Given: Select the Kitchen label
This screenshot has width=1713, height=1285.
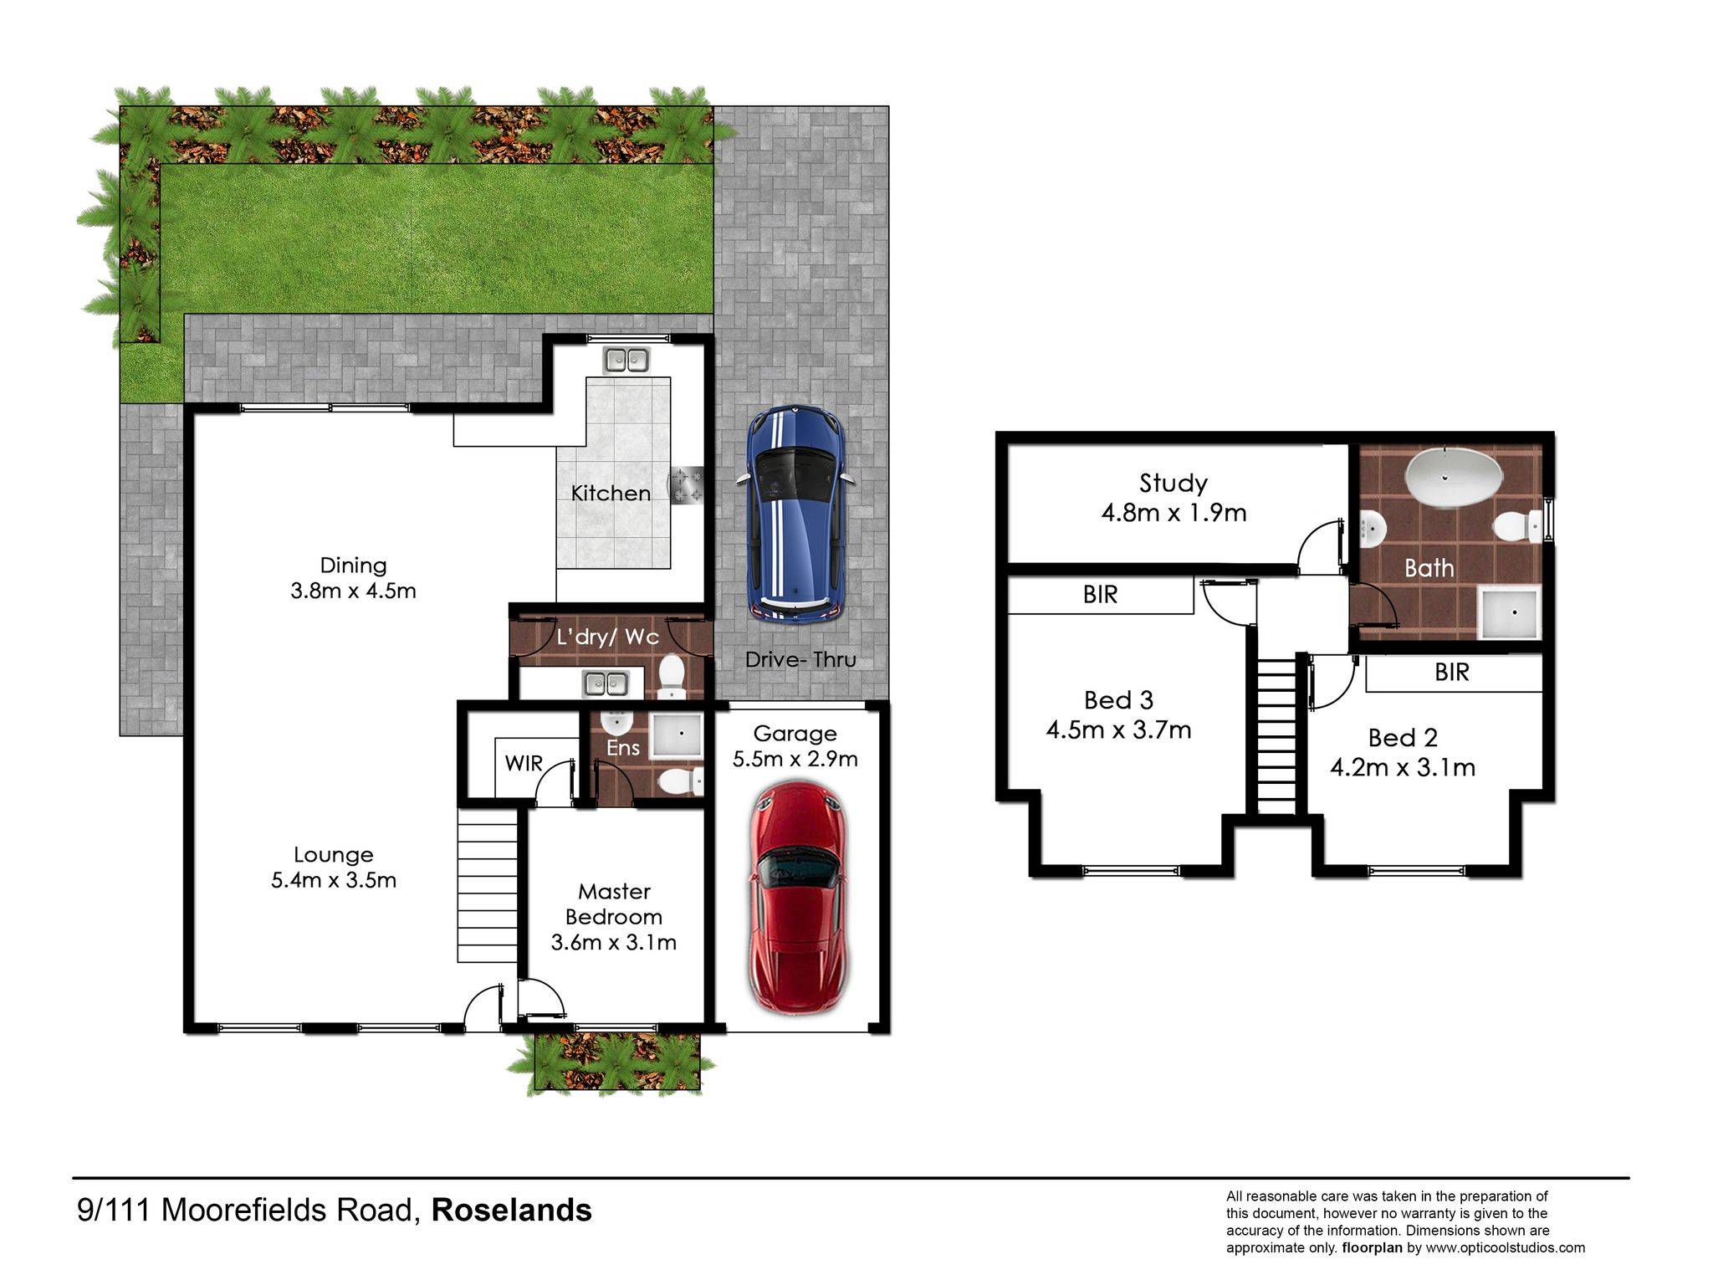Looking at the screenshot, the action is click(611, 494).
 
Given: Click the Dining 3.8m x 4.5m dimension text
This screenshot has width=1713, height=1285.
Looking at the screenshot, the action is click(353, 591).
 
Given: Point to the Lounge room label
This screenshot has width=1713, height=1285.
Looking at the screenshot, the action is click(334, 855).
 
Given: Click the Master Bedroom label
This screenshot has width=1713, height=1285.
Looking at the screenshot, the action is click(614, 904).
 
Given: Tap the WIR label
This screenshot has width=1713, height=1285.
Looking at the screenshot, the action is click(524, 764).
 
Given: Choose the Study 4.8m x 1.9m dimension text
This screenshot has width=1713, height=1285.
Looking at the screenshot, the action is click(1174, 513).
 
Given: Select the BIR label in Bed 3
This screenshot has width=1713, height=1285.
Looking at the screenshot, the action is click(1100, 595).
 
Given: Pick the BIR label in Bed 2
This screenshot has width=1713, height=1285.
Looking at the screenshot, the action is click(1451, 673).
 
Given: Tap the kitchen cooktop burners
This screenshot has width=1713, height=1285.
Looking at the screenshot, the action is click(687, 486).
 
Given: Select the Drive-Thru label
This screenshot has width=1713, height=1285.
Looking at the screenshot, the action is click(800, 660).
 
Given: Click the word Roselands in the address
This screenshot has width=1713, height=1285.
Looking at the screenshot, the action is click(511, 1211).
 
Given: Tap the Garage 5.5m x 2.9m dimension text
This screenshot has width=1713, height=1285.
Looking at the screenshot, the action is click(795, 759).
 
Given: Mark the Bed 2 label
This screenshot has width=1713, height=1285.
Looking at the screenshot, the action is click(1403, 738).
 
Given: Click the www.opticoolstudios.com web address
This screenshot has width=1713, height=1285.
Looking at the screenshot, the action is click(1506, 1247).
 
